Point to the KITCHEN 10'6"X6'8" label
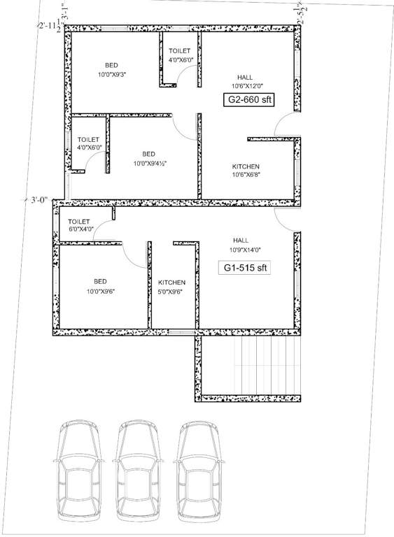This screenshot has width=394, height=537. tap(246, 171)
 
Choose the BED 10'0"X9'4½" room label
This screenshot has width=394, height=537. tap(148, 158)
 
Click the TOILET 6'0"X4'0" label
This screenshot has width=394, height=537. tap(81, 225)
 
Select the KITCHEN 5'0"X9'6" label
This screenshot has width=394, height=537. tap(170, 287)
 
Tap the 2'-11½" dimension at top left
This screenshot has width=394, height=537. tap(50, 26)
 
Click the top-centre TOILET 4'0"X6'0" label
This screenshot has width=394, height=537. tap(181, 56)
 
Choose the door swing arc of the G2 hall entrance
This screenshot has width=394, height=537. tap(285, 126)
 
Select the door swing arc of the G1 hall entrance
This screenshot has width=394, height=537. tap(286, 217)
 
